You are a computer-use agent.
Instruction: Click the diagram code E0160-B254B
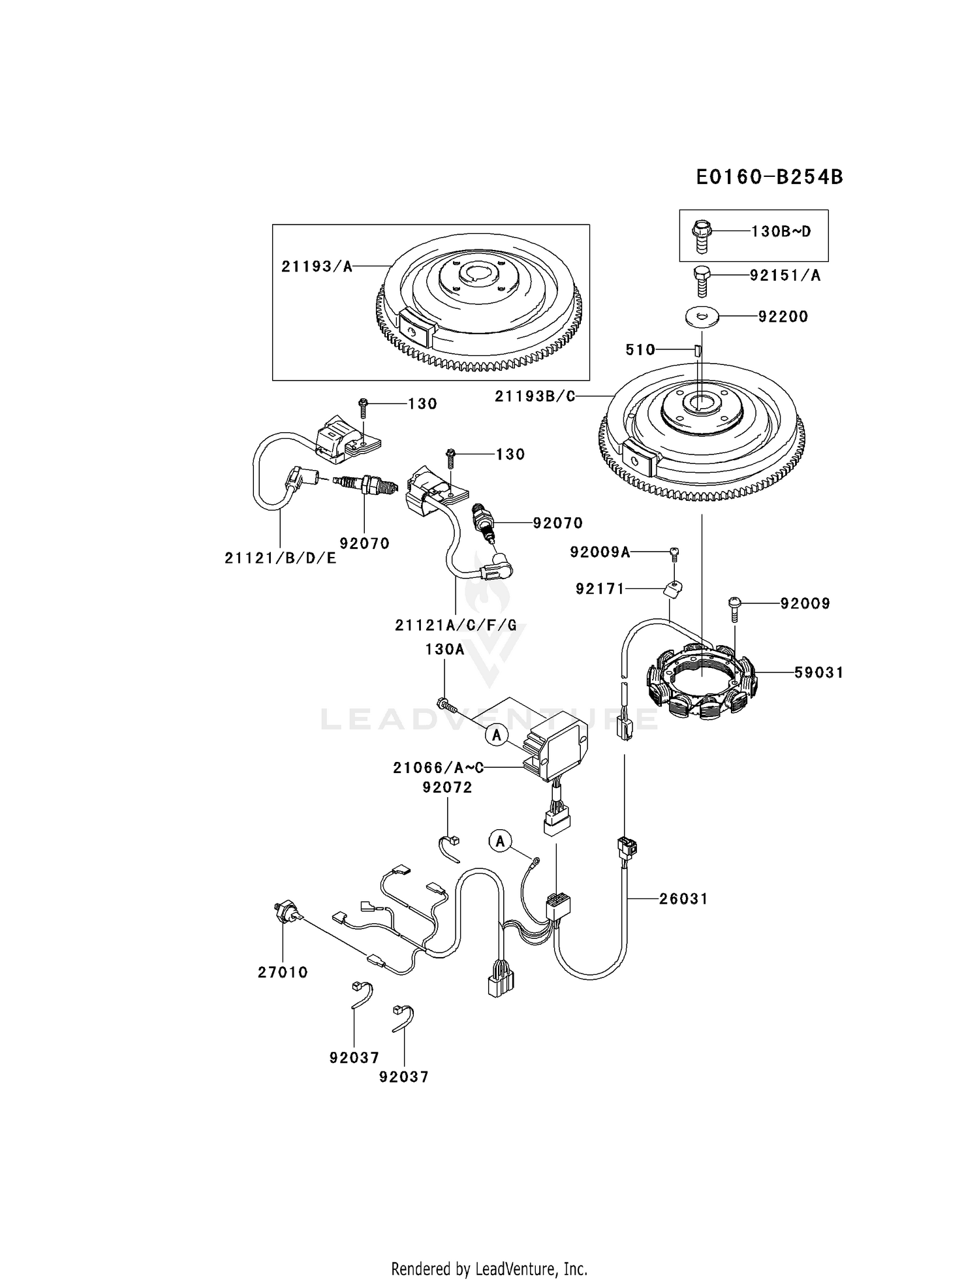(x=769, y=177)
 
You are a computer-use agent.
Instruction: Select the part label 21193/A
(x=317, y=266)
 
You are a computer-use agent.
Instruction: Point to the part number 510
(x=640, y=350)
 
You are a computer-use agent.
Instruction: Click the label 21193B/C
(x=535, y=396)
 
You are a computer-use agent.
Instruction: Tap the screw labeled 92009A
(x=675, y=553)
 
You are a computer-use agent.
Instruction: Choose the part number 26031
(x=683, y=898)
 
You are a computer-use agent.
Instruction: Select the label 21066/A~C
(x=438, y=768)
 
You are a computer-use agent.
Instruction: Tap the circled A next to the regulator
(x=497, y=735)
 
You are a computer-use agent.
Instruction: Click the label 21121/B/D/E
(x=280, y=558)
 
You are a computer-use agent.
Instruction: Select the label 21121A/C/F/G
(x=455, y=625)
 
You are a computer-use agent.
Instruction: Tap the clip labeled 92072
(x=450, y=845)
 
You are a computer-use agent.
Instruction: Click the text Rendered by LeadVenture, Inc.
(x=489, y=1269)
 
